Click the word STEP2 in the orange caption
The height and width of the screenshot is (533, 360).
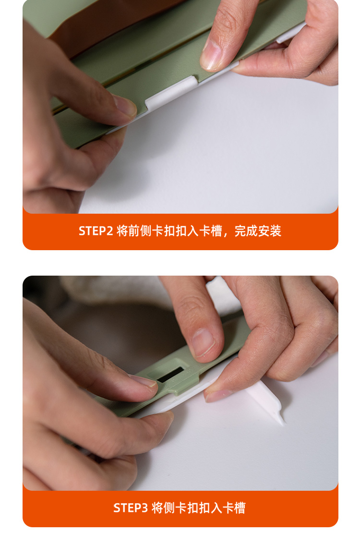96,231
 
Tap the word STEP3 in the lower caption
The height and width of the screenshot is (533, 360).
131,508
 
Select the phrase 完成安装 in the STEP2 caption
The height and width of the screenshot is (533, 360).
258,231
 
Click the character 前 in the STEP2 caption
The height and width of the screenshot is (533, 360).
134,231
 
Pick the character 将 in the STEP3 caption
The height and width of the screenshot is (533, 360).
157,508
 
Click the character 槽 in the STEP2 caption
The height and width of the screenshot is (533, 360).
216,231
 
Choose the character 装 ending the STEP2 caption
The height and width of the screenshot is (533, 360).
276,231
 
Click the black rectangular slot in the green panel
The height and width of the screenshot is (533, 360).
171,374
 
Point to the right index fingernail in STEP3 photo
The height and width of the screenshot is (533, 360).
203,343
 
